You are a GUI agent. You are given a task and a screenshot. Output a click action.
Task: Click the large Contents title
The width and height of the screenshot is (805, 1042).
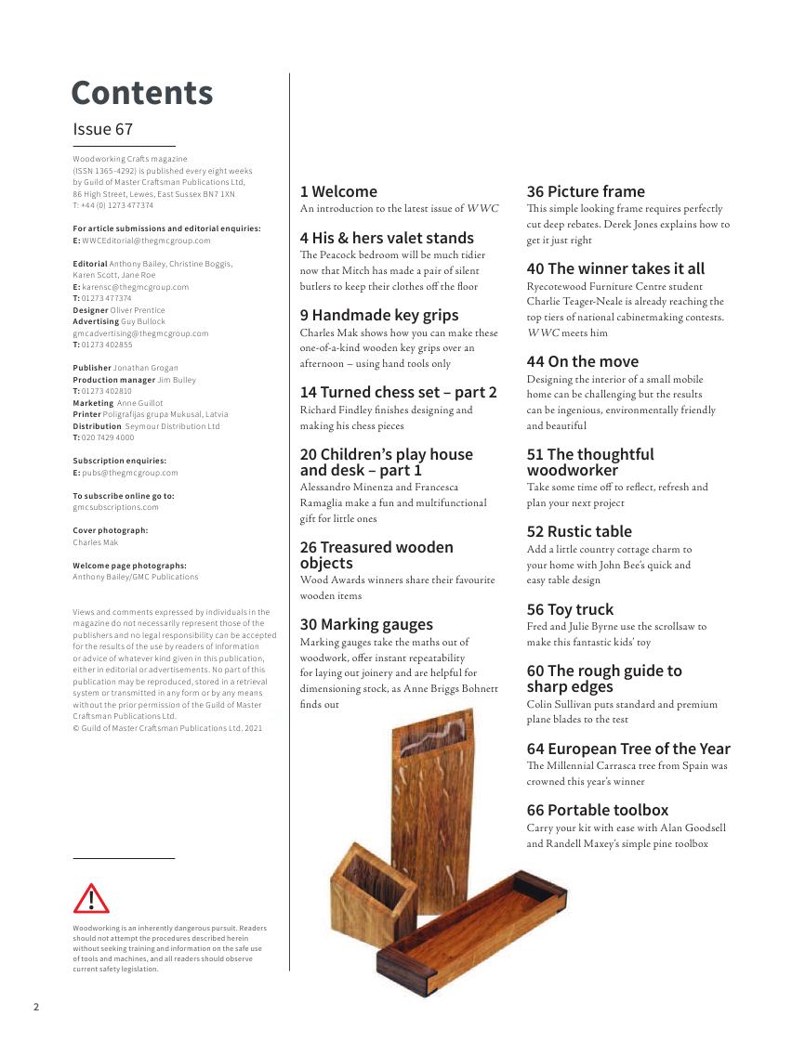point(142,93)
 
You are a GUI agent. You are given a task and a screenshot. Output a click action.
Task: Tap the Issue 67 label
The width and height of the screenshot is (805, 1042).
point(103,129)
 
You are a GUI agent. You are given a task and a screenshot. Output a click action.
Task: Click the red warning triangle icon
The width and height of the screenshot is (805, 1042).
point(91,898)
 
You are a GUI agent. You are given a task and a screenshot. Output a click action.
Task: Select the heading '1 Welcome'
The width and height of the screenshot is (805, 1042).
point(338,191)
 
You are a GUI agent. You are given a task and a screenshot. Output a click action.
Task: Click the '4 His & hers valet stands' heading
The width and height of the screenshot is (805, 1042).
point(387,238)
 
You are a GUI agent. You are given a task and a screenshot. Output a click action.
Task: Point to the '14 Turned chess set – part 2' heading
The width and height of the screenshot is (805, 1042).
point(398,392)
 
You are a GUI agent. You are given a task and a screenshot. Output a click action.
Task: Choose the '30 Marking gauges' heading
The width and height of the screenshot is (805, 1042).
point(366,624)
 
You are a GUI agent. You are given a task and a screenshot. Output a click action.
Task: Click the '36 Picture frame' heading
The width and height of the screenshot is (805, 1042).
point(586,191)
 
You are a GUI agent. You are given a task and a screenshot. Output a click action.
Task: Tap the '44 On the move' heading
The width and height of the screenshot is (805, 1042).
point(583,361)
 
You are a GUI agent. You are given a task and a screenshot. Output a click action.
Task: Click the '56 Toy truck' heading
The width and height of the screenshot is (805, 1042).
point(570,609)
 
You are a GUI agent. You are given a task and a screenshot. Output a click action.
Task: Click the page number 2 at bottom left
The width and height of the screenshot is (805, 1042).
point(36,1007)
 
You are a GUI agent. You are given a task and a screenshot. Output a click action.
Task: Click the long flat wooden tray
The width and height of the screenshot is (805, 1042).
point(472,929)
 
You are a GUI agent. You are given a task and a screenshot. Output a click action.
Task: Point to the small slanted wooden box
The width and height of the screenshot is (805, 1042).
point(373,892)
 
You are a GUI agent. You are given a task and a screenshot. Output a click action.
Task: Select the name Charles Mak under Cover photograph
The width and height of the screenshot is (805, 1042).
point(96,542)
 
